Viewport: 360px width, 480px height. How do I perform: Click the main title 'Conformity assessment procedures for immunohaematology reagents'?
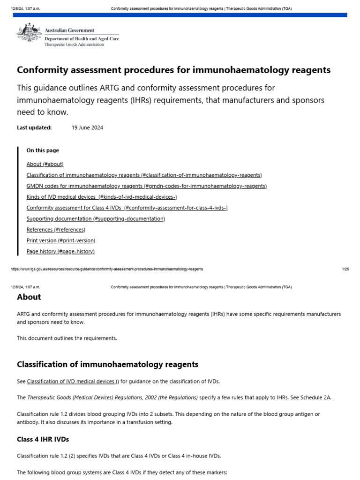(x=173, y=70)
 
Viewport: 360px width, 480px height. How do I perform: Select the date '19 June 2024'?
(x=87, y=127)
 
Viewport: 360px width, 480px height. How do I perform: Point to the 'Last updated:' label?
(x=34, y=127)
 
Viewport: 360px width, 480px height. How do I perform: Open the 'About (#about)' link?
(x=45, y=164)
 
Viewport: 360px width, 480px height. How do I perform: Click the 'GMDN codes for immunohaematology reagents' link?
(x=146, y=186)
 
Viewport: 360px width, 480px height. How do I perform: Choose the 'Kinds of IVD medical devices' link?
(x=102, y=197)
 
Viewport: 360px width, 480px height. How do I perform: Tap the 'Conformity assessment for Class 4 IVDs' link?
(x=127, y=208)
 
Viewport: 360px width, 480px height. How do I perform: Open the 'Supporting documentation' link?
(x=96, y=219)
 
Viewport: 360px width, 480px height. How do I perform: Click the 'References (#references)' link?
(x=56, y=230)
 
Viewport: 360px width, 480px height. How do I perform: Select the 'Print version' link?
(x=61, y=240)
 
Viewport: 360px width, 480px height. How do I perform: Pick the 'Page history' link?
(x=60, y=251)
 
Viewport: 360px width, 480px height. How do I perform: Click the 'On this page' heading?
(x=43, y=150)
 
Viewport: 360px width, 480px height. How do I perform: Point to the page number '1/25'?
(x=345, y=269)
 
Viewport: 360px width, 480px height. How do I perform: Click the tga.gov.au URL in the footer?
(x=106, y=269)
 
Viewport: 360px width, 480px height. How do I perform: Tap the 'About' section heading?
(x=29, y=297)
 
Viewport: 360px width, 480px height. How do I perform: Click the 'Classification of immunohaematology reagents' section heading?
(x=107, y=364)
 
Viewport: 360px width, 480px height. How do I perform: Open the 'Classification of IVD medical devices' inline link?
(x=73, y=381)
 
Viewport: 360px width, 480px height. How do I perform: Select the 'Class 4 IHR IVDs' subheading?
(x=43, y=439)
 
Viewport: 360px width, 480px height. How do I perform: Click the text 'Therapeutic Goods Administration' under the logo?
(x=74, y=45)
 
